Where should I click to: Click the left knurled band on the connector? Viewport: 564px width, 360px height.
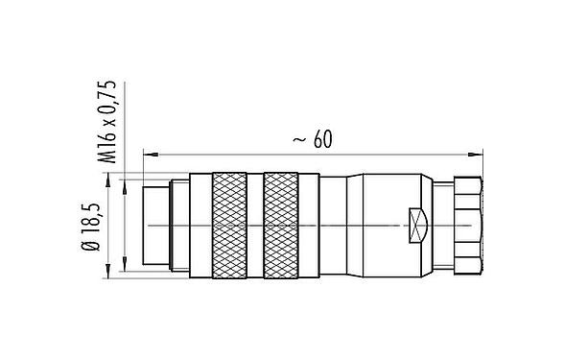tap(231, 225)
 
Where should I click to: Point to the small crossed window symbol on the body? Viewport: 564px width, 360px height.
tap(416, 225)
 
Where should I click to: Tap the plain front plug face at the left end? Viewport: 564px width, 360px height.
tap(153, 225)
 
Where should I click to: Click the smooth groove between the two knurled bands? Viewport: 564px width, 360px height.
tap(256, 225)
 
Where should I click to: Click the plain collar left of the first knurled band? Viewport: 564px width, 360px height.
tap(200, 225)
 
